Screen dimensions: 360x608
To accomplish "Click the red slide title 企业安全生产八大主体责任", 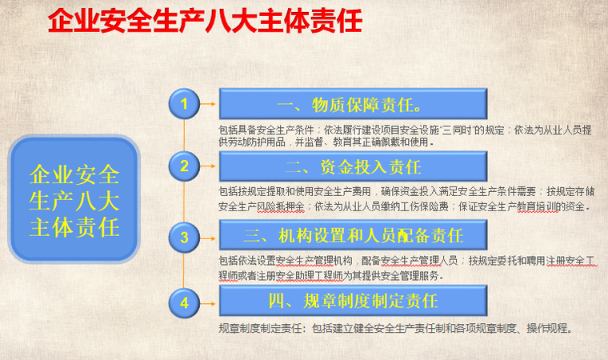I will click(205, 22).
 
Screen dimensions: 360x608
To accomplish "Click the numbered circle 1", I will click(185, 103).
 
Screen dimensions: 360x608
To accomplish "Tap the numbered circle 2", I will click(185, 166).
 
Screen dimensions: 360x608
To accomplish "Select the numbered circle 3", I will click(185, 237).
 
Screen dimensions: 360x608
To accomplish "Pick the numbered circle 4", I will click(185, 302).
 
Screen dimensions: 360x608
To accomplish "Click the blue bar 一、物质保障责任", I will click(352, 104).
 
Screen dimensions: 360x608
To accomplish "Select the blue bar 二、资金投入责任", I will click(352, 166).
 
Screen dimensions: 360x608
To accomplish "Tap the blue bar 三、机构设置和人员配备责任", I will click(352, 236).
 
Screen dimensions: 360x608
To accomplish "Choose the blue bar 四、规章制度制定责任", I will click(352, 301).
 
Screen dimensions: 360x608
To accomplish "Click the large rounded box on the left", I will click(74, 201).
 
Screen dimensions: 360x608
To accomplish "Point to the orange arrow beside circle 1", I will click(209, 103).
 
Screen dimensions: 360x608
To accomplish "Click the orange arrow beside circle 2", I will click(209, 166).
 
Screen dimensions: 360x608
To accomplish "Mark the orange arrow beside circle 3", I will click(209, 237).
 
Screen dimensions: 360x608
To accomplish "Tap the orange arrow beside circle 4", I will click(209, 302).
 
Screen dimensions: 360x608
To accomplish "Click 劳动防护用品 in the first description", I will click(256, 142).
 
